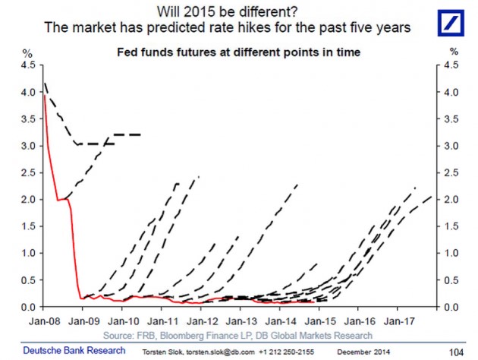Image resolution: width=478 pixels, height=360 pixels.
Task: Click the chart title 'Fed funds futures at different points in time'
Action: tap(238, 53)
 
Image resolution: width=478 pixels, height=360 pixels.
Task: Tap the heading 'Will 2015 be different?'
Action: tap(238, 11)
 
